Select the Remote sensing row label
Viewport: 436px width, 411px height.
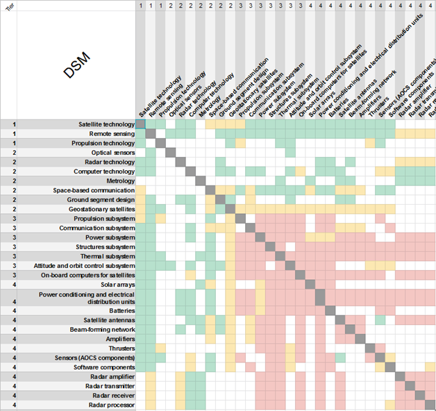[x=110, y=133]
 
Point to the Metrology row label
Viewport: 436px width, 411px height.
[x=119, y=181]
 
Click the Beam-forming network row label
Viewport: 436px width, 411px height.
[x=101, y=329]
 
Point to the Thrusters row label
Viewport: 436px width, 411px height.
[x=121, y=348]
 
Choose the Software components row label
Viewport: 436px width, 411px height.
[x=103, y=367]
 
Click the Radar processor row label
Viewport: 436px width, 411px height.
[x=109, y=405]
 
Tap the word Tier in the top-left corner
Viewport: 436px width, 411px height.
[x=9, y=5]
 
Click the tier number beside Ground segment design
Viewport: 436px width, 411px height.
[x=14, y=199]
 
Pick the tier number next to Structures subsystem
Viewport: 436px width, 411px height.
[x=14, y=246]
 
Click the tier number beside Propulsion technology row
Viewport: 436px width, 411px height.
[x=14, y=143]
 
